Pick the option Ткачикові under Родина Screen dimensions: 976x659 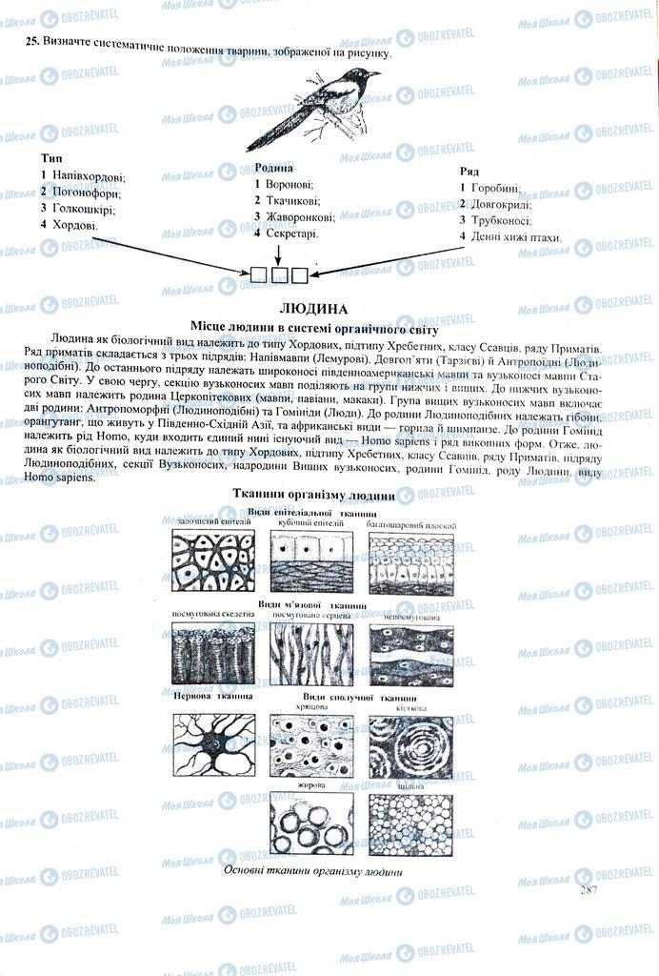tap(292, 200)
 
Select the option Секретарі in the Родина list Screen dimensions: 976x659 tap(291, 233)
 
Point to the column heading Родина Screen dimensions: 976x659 tap(273, 167)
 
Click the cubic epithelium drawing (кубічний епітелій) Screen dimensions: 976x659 tap(311, 562)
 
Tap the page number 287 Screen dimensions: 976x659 tap(587, 889)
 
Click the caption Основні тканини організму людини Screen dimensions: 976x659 tap(312, 871)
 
